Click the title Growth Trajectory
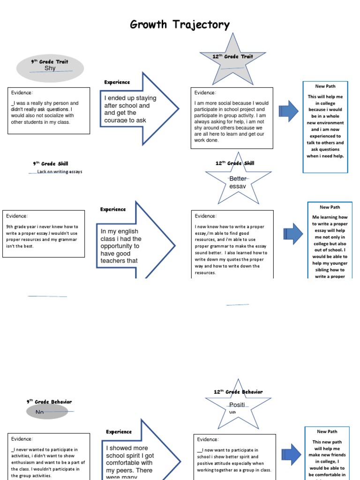click(x=180, y=25)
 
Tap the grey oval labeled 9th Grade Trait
click(x=50, y=68)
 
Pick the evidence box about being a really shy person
click(x=49, y=111)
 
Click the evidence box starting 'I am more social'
click(x=232, y=118)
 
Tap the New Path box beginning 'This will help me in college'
click(x=325, y=127)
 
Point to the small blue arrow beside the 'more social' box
click(x=288, y=111)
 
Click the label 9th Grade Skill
click(x=50, y=164)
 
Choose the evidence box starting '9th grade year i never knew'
click(x=44, y=233)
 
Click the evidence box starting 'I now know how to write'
click(x=232, y=244)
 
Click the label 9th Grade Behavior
click(x=49, y=402)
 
